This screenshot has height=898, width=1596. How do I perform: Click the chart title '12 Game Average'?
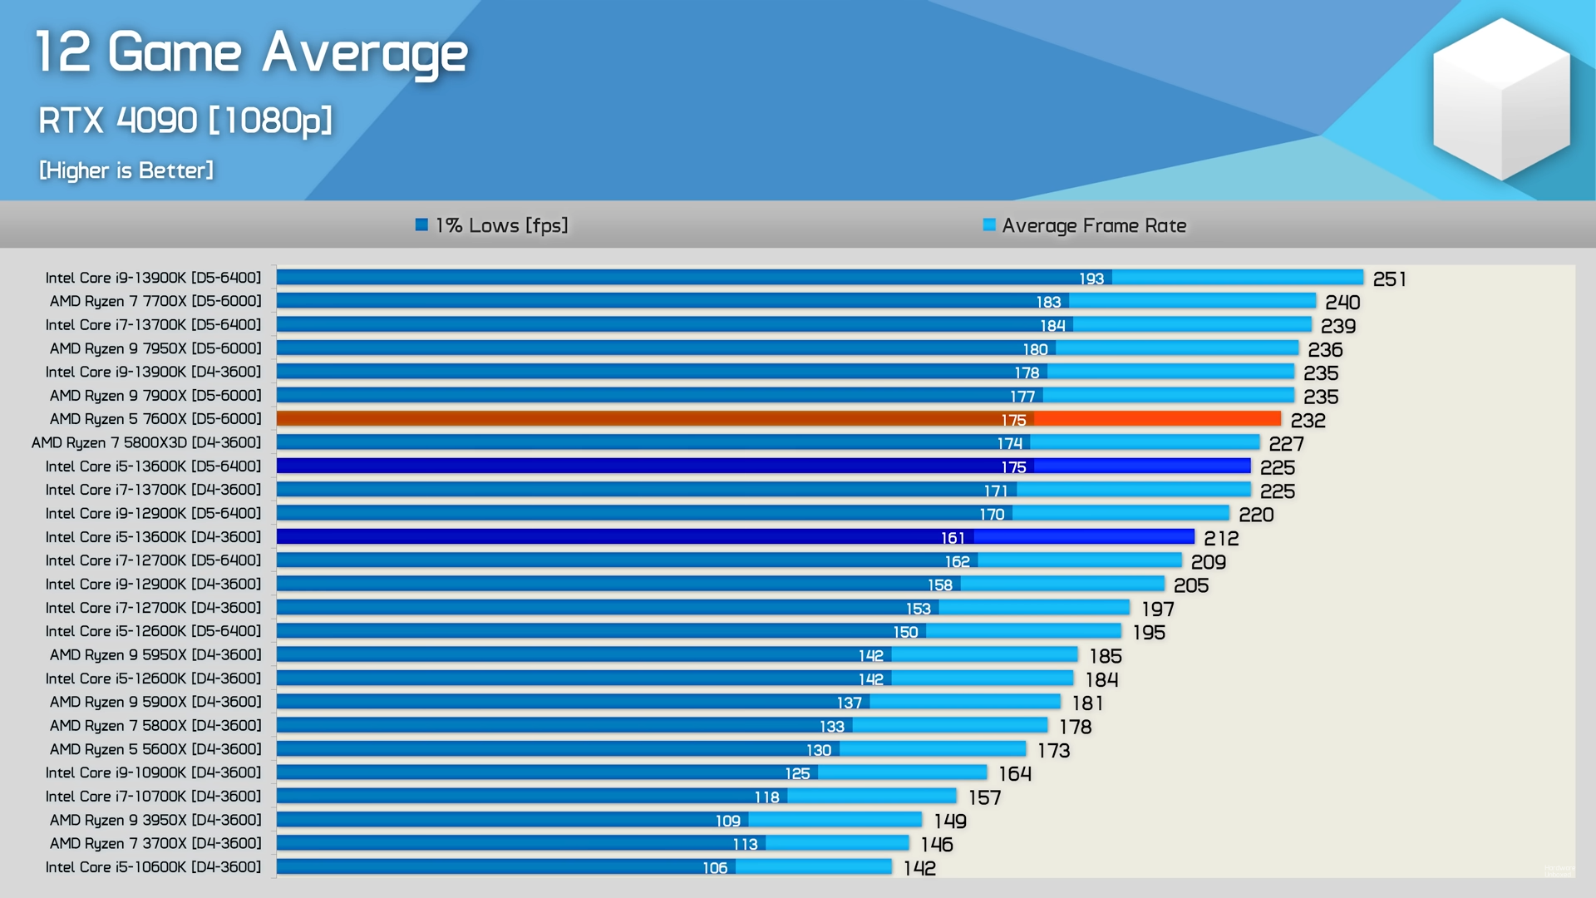pyautogui.click(x=251, y=53)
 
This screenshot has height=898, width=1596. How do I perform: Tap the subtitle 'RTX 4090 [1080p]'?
pyautogui.click(x=185, y=121)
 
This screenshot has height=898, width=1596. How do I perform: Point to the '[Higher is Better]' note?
pyautogui.click(x=126, y=170)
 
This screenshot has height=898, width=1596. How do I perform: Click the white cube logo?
pyautogui.click(x=1500, y=100)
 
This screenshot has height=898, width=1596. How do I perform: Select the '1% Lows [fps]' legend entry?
pyautogui.click(x=492, y=225)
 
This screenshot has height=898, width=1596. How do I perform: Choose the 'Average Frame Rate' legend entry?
pyautogui.click(x=1085, y=225)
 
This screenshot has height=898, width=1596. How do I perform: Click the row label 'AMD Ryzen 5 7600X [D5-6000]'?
pyautogui.click(x=155, y=419)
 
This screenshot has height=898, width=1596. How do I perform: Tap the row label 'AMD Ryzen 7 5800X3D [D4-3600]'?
pyautogui.click(x=146, y=442)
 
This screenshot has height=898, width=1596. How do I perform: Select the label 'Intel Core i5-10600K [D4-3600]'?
pyautogui.click(x=153, y=867)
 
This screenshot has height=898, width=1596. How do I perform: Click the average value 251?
pyautogui.click(x=1389, y=279)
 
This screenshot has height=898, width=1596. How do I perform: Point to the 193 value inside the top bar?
pyautogui.click(x=1091, y=279)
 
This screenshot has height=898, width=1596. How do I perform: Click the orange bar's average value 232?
pyautogui.click(x=1308, y=421)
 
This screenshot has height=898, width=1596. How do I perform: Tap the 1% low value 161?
pyautogui.click(x=953, y=538)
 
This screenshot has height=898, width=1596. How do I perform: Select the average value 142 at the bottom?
pyautogui.click(x=919, y=868)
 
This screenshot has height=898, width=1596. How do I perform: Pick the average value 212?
pyautogui.click(x=1221, y=539)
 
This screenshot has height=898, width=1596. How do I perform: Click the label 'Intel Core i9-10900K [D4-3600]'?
pyautogui.click(x=153, y=772)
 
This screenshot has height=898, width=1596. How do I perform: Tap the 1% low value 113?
pyautogui.click(x=745, y=844)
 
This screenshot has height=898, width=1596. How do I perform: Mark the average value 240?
pyautogui.click(x=1342, y=303)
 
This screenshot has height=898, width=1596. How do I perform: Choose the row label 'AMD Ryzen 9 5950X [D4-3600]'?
pyautogui.click(x=155, y=655)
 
